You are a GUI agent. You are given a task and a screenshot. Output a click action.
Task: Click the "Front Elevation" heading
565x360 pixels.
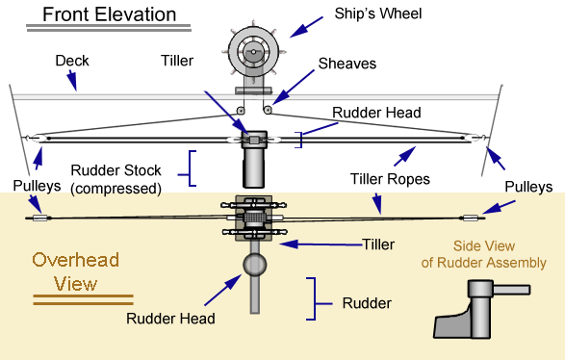click(x=109, y=14)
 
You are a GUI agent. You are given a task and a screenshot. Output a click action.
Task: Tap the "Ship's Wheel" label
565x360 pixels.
click(x=378, y=13)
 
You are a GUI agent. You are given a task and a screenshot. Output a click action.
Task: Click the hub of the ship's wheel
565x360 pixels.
click(x=254, y=52)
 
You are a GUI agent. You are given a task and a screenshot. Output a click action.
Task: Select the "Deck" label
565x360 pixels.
click(x=72, y=61)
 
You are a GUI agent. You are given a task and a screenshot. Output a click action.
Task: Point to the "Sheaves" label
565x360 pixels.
click(x=347, y=64)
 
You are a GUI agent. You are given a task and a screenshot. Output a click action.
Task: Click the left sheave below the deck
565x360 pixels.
click(x=241, y=111)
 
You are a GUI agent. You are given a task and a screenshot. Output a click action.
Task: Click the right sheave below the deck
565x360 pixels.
click(x=268, y=110)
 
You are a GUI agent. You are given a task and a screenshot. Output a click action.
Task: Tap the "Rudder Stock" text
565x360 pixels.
click(x=116, y=170)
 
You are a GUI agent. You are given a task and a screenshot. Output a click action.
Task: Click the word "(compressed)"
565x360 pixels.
click(x=116, y=189)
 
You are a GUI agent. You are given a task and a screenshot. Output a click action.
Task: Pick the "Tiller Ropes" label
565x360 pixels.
click(x=390, y=179)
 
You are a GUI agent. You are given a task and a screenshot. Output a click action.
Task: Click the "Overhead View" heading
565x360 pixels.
click(x=76, y=271)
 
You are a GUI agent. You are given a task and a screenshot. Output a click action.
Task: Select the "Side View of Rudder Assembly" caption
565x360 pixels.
click(x=483, y=254)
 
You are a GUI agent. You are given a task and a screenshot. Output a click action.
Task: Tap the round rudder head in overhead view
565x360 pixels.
click(x=255, y=265)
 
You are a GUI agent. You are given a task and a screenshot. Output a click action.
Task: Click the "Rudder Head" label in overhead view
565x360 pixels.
click(x=170, y=319)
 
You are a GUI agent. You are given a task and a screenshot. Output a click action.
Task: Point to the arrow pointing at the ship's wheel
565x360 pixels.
click(x=307, y=27)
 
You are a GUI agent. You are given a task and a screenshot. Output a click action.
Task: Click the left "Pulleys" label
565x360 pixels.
click(x=37, y=186)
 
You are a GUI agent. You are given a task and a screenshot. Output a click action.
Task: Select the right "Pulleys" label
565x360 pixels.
click(x=528, y=187)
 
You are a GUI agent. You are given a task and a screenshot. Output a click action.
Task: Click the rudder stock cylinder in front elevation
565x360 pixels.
click(x=254, y=167)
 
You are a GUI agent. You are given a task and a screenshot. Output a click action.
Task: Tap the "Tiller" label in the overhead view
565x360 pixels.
click(x=378, y=244)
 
